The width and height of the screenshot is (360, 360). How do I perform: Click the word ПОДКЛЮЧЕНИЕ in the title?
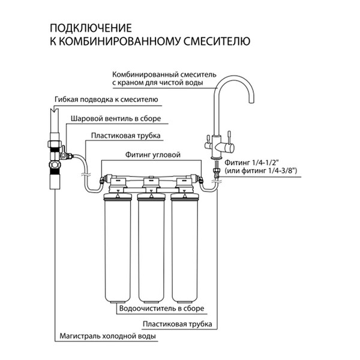pyautogui.click(x=89, y=28)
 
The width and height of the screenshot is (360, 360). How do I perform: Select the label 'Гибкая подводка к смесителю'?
pyautogui.click(x=106, y=99)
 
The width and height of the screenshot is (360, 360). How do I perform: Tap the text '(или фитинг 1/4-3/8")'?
pyautogui.click(x=262, y=171)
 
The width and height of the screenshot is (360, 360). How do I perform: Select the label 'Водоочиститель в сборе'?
pyautogui.click(x=162, y=308)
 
